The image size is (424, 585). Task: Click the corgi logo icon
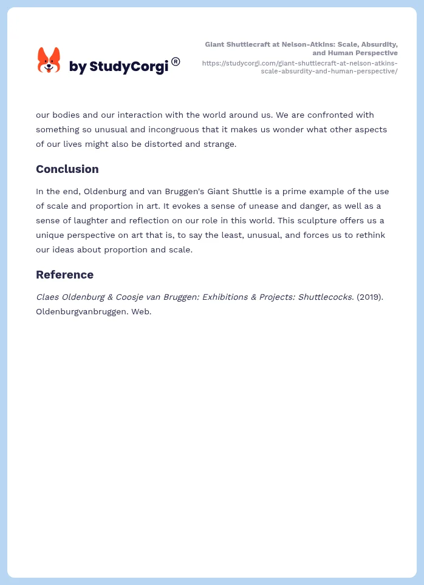coord(49,61)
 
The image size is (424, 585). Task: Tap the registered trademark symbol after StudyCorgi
coord(176,61)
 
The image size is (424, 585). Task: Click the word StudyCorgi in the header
coord(128,67)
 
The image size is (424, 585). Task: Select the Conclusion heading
coord(67,169)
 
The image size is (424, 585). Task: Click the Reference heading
coord(64,275)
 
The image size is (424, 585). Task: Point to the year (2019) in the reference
coord(369,297)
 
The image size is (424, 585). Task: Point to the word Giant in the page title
coord(216,44)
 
